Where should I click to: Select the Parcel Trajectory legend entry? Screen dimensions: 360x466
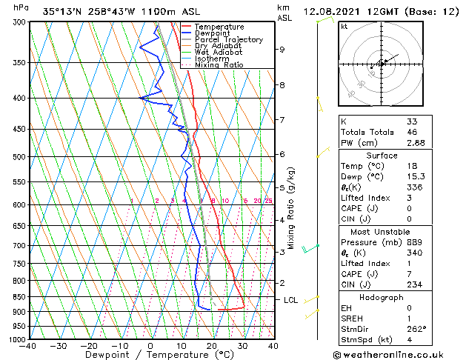(223, 39)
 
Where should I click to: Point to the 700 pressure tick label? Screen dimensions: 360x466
(19, 245)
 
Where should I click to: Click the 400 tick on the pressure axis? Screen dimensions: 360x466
(19, 98)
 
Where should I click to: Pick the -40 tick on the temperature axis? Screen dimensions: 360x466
(27, 346)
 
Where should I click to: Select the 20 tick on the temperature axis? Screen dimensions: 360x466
(211, 346)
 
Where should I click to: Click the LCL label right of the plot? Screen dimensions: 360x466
(291, 300)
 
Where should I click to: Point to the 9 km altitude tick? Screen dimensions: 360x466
(282, 50)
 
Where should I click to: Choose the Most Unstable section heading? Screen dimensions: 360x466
(381, 230)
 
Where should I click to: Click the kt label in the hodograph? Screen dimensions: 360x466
(344, 27)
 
